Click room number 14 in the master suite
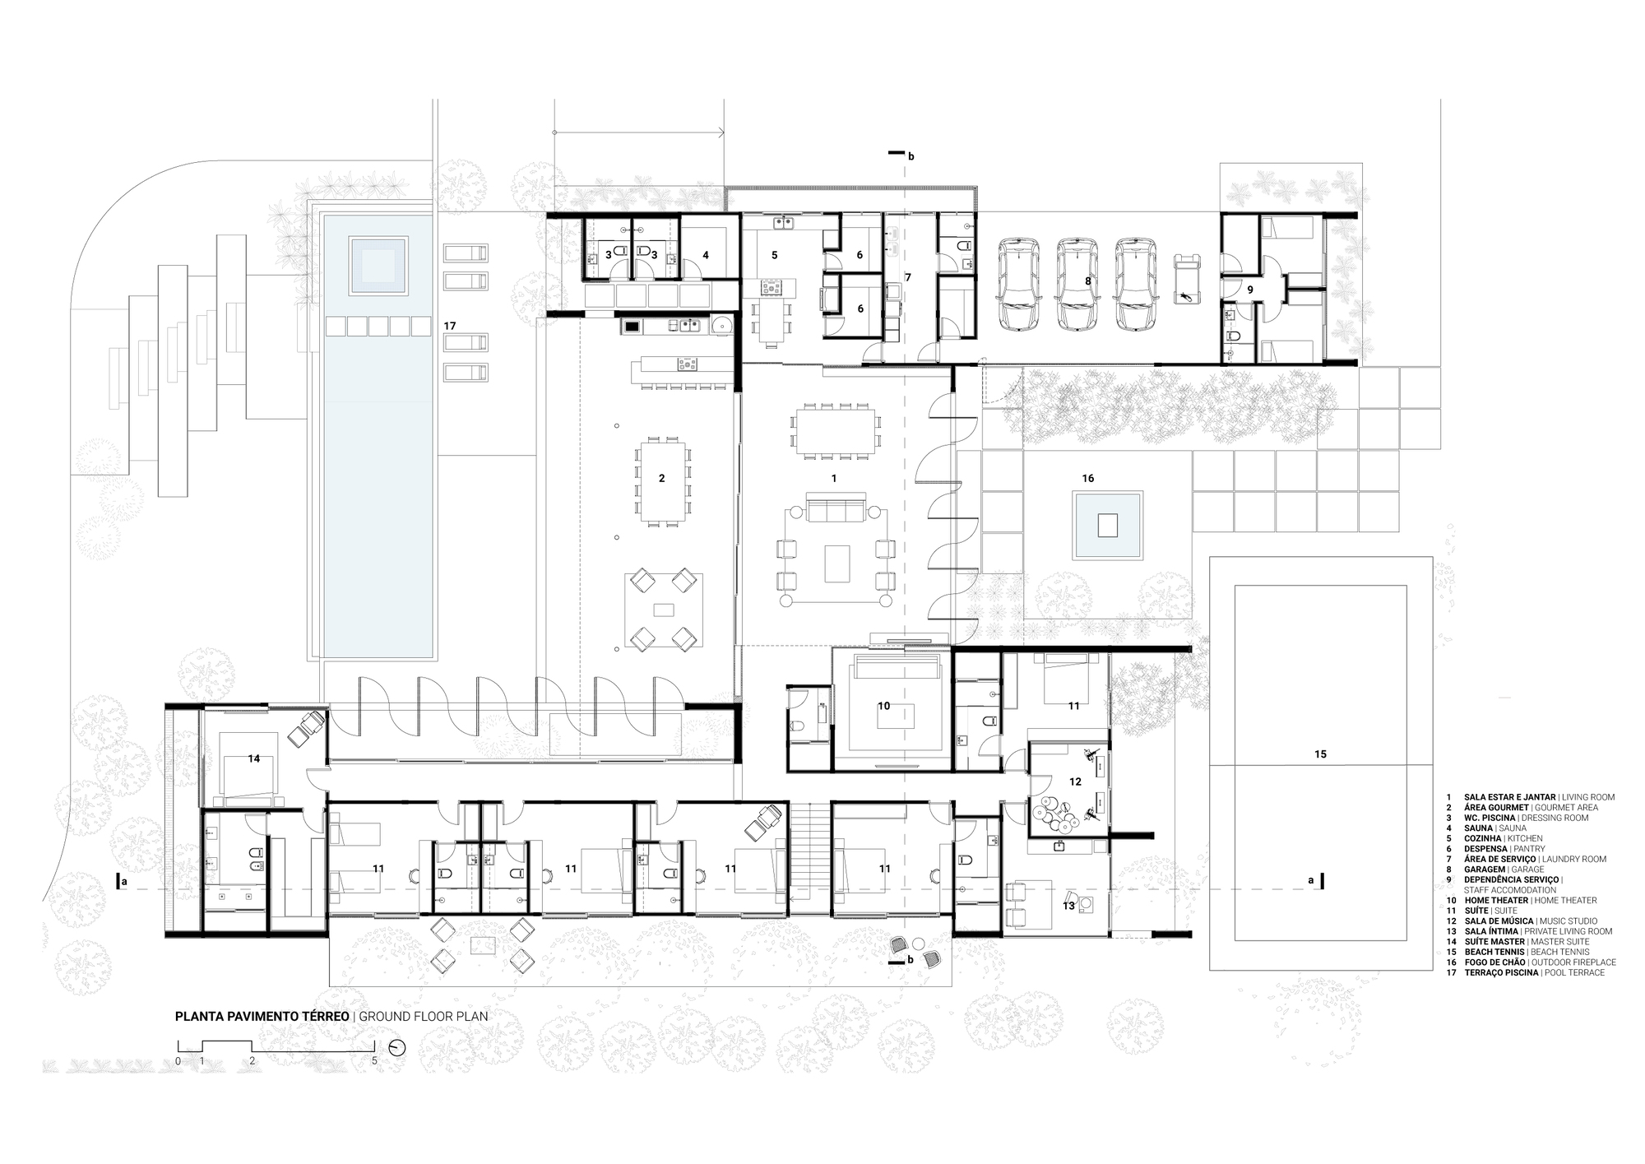point(253,758)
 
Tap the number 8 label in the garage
point(1087,281)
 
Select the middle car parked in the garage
point(1077,285)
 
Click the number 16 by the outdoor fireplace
point(1088,478)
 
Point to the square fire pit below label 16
point(1108,525)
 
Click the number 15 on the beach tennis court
point(1320,754)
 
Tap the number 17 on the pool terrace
point(450,326)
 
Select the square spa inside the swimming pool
point(378,265)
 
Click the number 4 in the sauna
point(705,255)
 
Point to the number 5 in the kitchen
point(774,255)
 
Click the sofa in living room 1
point(836,508)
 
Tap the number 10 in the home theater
point(883,706)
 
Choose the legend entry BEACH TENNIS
point(1506,952)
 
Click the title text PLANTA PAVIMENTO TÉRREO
point(262,1016)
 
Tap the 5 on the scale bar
point(374,1061)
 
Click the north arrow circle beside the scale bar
point(397,1048)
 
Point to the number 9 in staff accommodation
point(1249,290)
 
